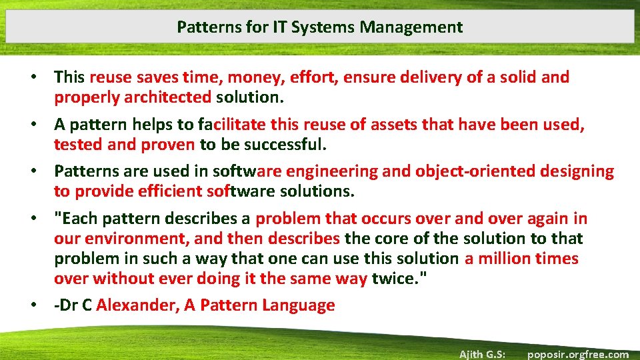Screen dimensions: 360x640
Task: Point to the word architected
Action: [168, 97]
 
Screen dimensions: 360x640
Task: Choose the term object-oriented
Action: [475, 171]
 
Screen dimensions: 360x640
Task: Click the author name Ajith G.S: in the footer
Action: [481, 354]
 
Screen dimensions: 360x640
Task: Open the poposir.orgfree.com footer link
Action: [578, 354]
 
